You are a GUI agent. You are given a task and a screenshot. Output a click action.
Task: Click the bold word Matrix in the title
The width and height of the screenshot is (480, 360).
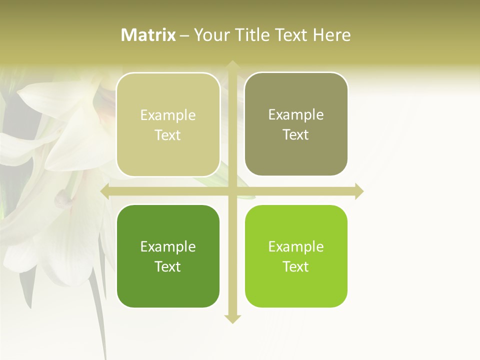pos(148,35)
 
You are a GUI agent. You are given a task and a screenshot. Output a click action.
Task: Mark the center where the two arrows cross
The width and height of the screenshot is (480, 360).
pos(232,191)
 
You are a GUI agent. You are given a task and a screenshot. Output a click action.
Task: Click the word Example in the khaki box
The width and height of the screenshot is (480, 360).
pos(168,115)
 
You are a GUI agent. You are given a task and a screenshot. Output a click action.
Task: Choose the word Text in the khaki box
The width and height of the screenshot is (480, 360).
pos(168,135)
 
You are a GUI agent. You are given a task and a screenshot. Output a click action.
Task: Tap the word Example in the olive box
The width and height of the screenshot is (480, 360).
pos(296,114)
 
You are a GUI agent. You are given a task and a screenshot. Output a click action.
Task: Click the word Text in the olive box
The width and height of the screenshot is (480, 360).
pos(296,134)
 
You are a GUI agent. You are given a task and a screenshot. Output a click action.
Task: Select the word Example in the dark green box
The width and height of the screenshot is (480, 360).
pos(168,246)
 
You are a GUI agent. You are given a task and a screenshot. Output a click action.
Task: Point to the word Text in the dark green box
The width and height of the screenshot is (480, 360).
pos(168,266)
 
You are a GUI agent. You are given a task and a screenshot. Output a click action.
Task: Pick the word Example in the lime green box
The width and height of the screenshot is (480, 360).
pos(296,246)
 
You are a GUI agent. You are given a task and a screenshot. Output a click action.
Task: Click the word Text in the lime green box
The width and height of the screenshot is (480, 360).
pos(296,266)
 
